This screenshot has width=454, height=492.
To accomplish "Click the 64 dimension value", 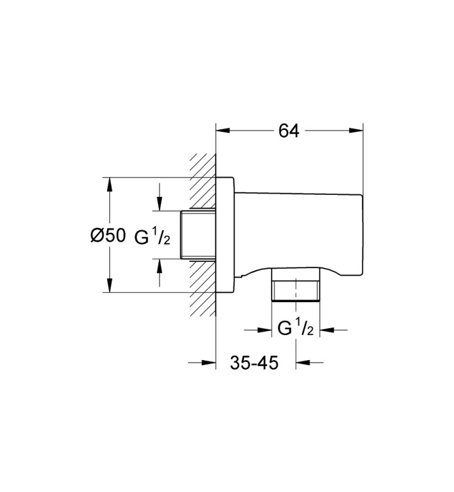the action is click(289, 131).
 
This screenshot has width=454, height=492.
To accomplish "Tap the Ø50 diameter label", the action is click(108, 235).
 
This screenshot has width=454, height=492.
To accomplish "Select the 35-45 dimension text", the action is click(254, 363).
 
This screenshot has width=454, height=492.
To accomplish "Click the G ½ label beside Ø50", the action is click(153, 237).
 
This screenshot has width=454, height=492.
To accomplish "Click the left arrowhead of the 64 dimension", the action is click(223, 131).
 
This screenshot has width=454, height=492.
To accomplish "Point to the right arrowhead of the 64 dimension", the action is click(356, 131).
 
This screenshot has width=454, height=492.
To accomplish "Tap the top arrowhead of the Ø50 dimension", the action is click(109, 184).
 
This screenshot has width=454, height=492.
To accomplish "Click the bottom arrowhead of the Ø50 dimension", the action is click(109, 285).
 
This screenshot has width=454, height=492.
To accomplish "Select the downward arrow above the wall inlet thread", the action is click(160, 197).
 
